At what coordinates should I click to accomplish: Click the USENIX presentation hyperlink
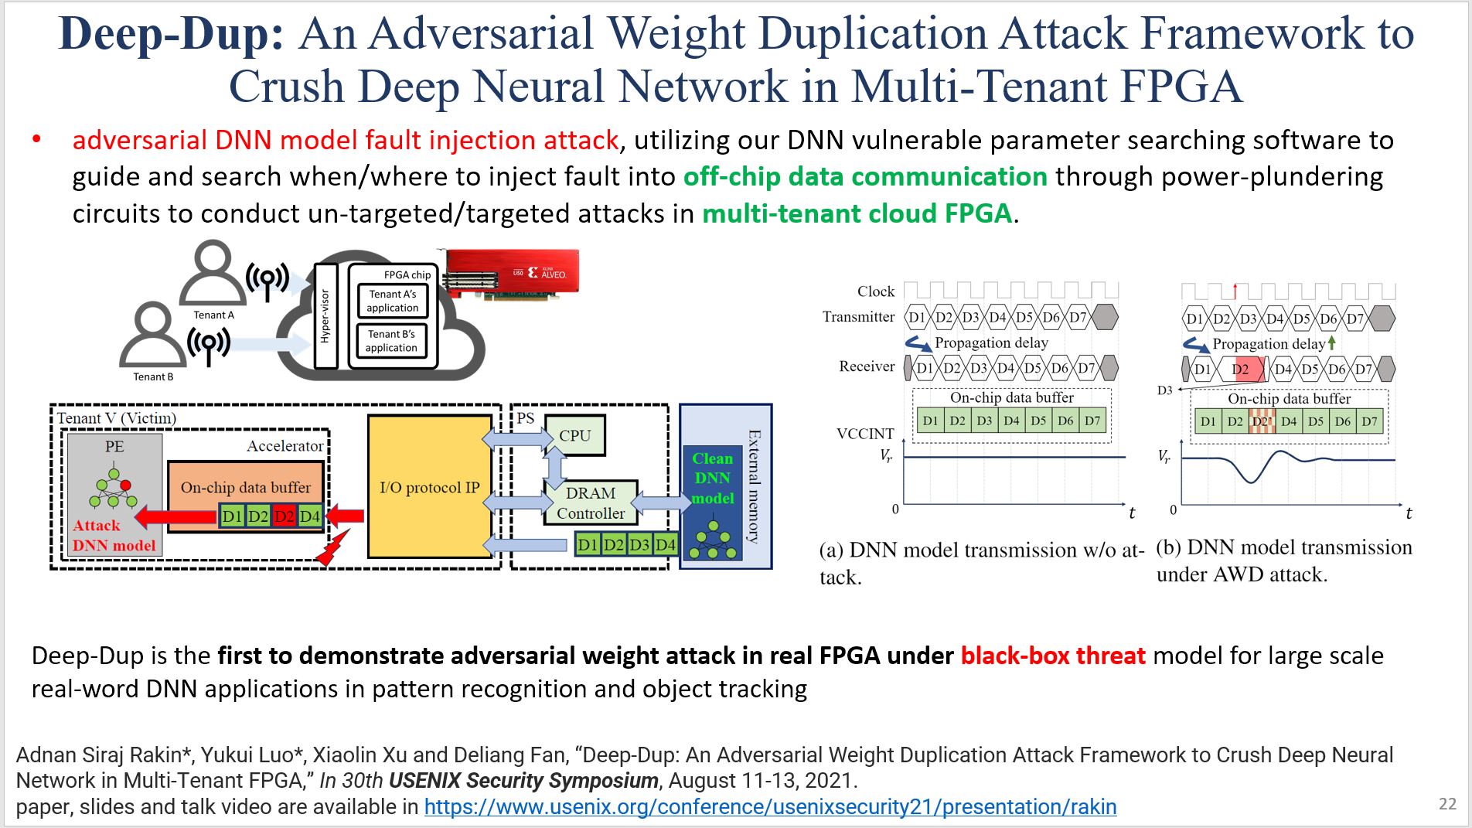(x=770, y=807)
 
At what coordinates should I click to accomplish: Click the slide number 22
(x=1447, y=804)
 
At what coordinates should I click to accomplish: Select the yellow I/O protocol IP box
(x=430, y=487)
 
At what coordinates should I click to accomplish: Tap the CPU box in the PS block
(x=574, y=435)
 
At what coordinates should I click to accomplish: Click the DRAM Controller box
(x=591, y=503)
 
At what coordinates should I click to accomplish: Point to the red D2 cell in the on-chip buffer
(x=284, y=516)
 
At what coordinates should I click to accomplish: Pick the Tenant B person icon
(x=153, y=334)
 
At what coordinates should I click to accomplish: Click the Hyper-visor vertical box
(x=325, y=316)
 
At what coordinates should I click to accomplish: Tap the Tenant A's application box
(x=393, y=301)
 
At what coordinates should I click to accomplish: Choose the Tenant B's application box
(x=391, y=341)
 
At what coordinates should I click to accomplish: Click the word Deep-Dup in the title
(x=172, y=34)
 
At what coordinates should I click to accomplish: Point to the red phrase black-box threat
(x=1053, y=656)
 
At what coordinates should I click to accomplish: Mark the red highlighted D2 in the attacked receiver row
(x=1241, y=369)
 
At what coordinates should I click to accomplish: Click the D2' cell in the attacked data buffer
(x=1262, y=421)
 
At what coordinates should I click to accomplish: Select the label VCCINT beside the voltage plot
(x=865, y=434)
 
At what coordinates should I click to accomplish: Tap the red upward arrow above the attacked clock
(x=1235, y=291)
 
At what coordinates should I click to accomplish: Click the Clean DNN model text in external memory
(x=712, y=479)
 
